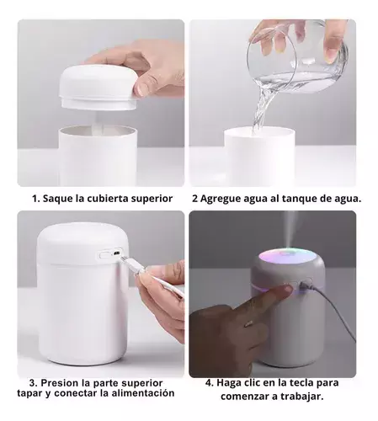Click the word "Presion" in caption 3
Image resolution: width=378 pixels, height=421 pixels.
(60, 383)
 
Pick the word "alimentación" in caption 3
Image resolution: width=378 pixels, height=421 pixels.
(143, 393)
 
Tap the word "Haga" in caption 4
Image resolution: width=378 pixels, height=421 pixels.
(230, 383)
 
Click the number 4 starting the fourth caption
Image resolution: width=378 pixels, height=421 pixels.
(210, 382)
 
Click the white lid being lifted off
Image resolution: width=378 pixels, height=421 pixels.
(98, 87)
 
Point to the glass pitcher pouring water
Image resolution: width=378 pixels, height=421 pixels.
(297, 56)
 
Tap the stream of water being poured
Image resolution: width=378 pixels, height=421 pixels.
(263, 108)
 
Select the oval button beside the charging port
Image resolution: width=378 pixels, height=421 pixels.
(104, 254)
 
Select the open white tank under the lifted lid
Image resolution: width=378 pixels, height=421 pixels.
(98, 155)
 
